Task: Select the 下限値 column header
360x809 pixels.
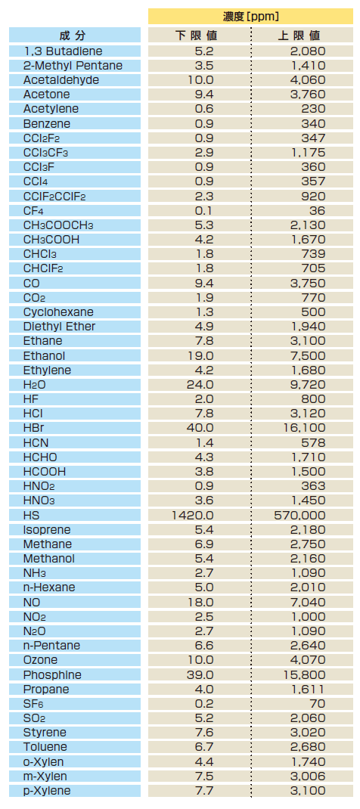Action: (197, 36)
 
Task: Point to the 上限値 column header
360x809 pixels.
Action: (299, 36)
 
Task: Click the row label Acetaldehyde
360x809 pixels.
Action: (61, 80)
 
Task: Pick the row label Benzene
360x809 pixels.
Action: (47, 124)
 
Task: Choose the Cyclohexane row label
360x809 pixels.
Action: (58, 312)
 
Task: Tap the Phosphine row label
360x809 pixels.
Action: (52, 675)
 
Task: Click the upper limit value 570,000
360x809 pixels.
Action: (299, 516)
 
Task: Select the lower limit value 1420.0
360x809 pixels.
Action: (192, 516)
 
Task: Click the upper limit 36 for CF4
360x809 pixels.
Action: (318, 210)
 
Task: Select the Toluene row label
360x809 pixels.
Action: (45, 747)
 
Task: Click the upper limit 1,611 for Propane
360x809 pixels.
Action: (307, 690)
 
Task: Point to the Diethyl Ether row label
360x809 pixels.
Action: (59, 327)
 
